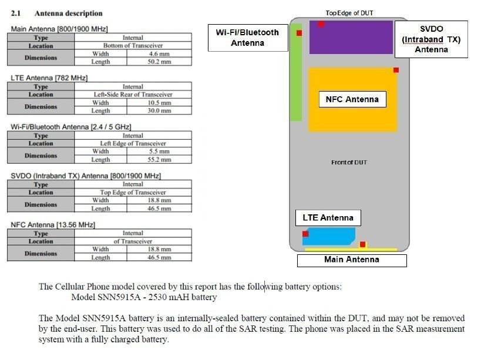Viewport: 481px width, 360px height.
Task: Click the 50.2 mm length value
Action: point(159,62)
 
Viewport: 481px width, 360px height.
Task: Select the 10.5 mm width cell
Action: point(159,102)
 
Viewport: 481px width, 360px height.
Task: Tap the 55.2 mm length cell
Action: point(159,160)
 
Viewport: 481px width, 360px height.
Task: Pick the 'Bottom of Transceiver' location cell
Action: point(133,45)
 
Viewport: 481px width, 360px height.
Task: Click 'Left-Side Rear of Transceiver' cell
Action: point(133,95)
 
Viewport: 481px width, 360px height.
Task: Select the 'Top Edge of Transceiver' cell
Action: point(133,192)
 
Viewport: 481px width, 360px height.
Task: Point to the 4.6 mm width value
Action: point(159,53)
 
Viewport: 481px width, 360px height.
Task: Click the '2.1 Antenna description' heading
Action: point(57,13)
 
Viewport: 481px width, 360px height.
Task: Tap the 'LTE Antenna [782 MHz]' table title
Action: point(49,78)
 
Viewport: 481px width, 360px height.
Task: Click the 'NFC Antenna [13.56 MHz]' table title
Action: point(53,225)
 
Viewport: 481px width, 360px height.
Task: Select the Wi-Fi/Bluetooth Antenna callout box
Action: point(248,38)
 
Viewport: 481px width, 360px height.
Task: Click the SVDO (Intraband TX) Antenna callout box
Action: point(431,39)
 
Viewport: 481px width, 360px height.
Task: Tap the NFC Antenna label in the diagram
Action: point(352,99)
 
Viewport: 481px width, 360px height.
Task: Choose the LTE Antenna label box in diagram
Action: point(328,218)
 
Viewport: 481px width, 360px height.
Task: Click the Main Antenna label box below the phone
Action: point(352,260)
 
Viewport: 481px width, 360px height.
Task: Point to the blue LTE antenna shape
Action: point(329,236)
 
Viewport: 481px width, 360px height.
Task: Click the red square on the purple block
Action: point(321,24)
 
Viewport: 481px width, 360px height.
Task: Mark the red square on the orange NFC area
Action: point(396,70)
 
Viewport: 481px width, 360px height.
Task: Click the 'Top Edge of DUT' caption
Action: point(349,13)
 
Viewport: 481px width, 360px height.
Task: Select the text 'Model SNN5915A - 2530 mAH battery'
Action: point(144,297)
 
